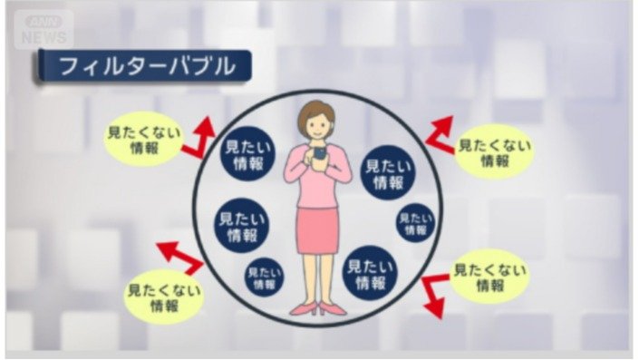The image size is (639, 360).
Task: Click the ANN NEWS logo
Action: coord(44,30)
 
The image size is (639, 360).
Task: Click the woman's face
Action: coord(316,124)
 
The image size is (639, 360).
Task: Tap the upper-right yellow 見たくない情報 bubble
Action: coord(493,151)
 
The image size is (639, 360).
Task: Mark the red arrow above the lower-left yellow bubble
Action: coord(181,258)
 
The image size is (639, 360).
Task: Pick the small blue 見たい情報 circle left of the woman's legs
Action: coord(263,277)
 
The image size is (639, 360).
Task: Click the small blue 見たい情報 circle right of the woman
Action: coord(415,222)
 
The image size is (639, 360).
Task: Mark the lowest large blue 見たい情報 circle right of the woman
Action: coord(371,273)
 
